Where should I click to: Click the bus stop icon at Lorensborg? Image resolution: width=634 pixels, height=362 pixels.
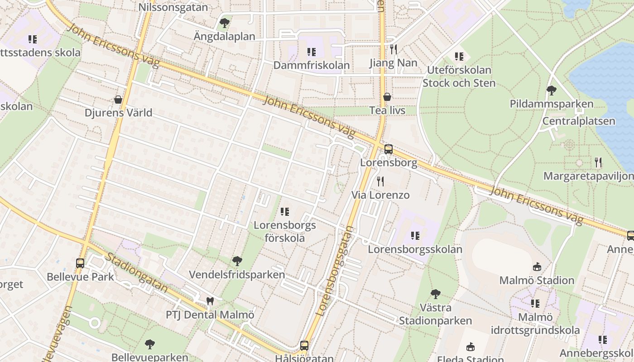click(388, 149)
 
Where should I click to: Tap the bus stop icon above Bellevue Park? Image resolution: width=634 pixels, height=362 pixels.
click(80, 263)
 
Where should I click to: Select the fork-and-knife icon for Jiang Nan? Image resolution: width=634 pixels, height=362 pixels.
click(394, 49)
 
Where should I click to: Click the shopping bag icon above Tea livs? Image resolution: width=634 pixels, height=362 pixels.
click(387, 97)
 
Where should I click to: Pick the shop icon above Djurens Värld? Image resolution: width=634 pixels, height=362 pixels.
click(118, 100)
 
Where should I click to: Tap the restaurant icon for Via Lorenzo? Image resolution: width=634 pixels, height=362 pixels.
click(380, 181)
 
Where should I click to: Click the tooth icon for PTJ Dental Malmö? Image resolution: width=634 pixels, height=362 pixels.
click(210, 301)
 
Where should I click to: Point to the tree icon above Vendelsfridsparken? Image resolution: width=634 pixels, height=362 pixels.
click(237, 261)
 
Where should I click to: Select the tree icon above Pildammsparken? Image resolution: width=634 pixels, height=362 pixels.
click(551, 90)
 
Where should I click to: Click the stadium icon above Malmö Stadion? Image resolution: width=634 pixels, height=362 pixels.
click(537, 267)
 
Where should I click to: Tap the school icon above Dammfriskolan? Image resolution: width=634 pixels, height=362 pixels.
click(311, 52)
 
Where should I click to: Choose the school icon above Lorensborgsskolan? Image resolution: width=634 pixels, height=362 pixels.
click(415, 236)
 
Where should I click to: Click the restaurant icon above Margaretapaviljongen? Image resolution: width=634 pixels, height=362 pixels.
click(598, 162)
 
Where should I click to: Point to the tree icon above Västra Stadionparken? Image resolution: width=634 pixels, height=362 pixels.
click(435, 294)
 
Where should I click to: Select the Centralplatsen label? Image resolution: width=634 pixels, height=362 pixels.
click(579, 121)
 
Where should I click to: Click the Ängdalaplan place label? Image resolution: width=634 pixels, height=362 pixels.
click(224, 36)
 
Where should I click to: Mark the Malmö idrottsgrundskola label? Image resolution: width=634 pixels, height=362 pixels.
click(536, 324)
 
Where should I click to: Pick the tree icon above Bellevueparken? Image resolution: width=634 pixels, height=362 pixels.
click(149, 344)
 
